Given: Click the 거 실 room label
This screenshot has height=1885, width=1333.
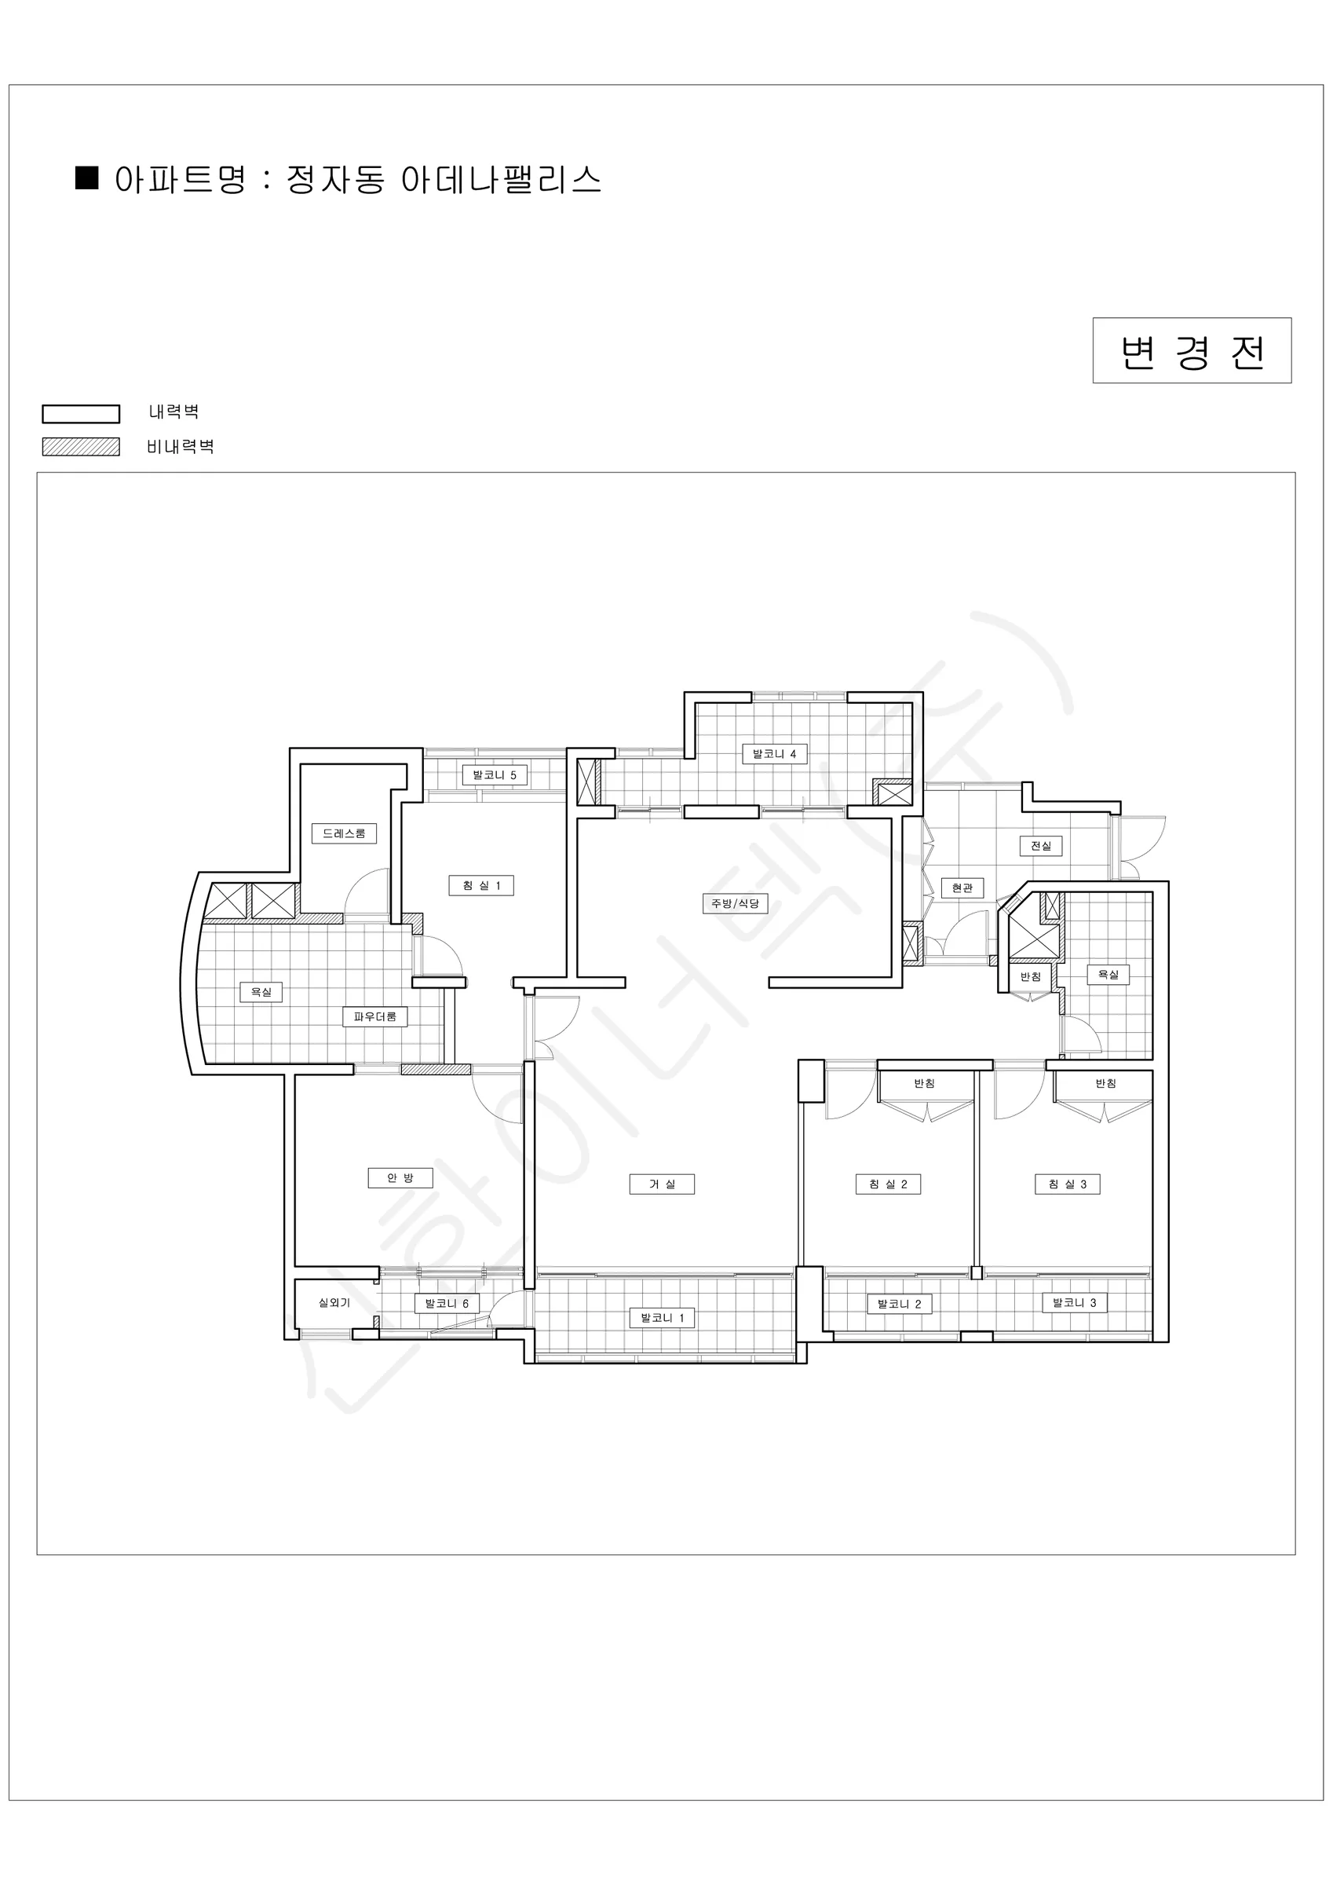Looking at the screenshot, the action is [x=662, y=1184].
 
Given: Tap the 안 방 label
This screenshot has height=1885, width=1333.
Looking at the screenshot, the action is [x=400, y=1178].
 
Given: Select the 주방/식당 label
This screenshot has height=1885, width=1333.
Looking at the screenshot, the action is [x=735, y=904].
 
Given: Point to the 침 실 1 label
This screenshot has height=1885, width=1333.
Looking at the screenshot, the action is [x=481, y=886].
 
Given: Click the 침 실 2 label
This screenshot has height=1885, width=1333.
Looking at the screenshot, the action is [x=888, y=1184].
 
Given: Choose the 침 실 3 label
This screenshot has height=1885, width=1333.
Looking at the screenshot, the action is [x=1067, y=1184].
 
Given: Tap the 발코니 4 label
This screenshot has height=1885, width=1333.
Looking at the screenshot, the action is [x=774, y=754].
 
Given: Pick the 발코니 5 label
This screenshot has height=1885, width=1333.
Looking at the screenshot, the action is [x=494, y=775].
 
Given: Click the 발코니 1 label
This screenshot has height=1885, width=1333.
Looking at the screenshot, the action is [x=662, y=1319].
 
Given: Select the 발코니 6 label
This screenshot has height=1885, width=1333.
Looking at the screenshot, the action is [x=447, y=1304].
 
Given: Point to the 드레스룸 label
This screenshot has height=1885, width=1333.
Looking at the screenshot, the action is [x=344, y=833].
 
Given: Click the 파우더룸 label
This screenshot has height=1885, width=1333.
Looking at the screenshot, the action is [x=374, y=1016].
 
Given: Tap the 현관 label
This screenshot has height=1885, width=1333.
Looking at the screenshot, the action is [x=962, y=888].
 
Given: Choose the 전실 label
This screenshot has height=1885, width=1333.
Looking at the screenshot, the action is [x=1041, y=846].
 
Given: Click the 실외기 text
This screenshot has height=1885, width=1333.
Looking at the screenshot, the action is [x=334, y=1303].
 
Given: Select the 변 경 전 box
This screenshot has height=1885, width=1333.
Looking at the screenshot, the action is [x=1192, y=350].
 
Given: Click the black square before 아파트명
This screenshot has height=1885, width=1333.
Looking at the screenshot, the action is [x=87, y=178].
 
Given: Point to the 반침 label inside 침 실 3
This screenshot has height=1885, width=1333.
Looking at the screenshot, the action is [x=1105, y=1084].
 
